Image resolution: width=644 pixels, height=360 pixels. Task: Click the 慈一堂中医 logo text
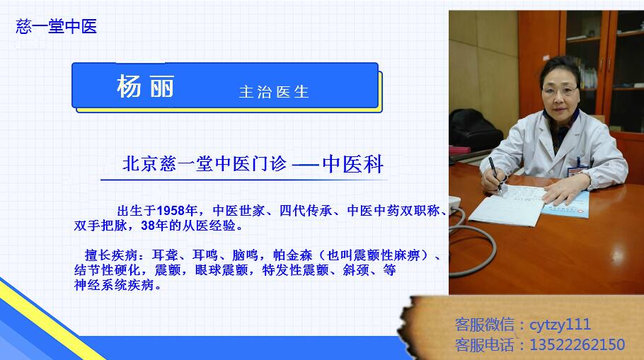57,27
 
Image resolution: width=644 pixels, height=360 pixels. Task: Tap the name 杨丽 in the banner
145,86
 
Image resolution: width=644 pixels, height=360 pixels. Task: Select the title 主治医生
274,92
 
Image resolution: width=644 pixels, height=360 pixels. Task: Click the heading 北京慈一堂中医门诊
204,164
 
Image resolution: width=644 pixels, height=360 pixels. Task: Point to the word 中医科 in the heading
353,164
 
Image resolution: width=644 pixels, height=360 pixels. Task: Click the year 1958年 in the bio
177,211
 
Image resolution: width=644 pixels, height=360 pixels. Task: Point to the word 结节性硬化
107,270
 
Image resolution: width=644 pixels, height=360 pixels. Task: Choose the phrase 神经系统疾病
114,285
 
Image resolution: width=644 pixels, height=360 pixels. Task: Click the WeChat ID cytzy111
560,325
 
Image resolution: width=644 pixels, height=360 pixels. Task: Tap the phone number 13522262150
577,344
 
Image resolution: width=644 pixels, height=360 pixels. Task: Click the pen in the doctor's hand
495,175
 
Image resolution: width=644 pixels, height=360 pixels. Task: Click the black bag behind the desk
474,128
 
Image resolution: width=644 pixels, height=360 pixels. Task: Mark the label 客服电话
485,344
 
